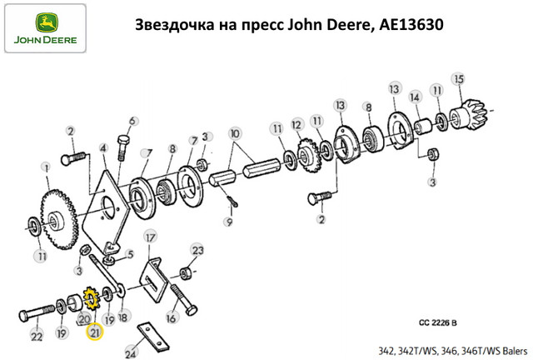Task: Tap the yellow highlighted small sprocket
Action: click(x=92, y=297)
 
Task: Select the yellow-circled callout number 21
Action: click(x=93, y=332)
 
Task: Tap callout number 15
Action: click(x=457, y=78)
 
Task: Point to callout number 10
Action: click(x=235, y=133)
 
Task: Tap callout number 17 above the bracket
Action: click(x=150, y=238)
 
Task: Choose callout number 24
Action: click(x=130, y=353)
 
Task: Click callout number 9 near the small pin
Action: click(x=228, y=222)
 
